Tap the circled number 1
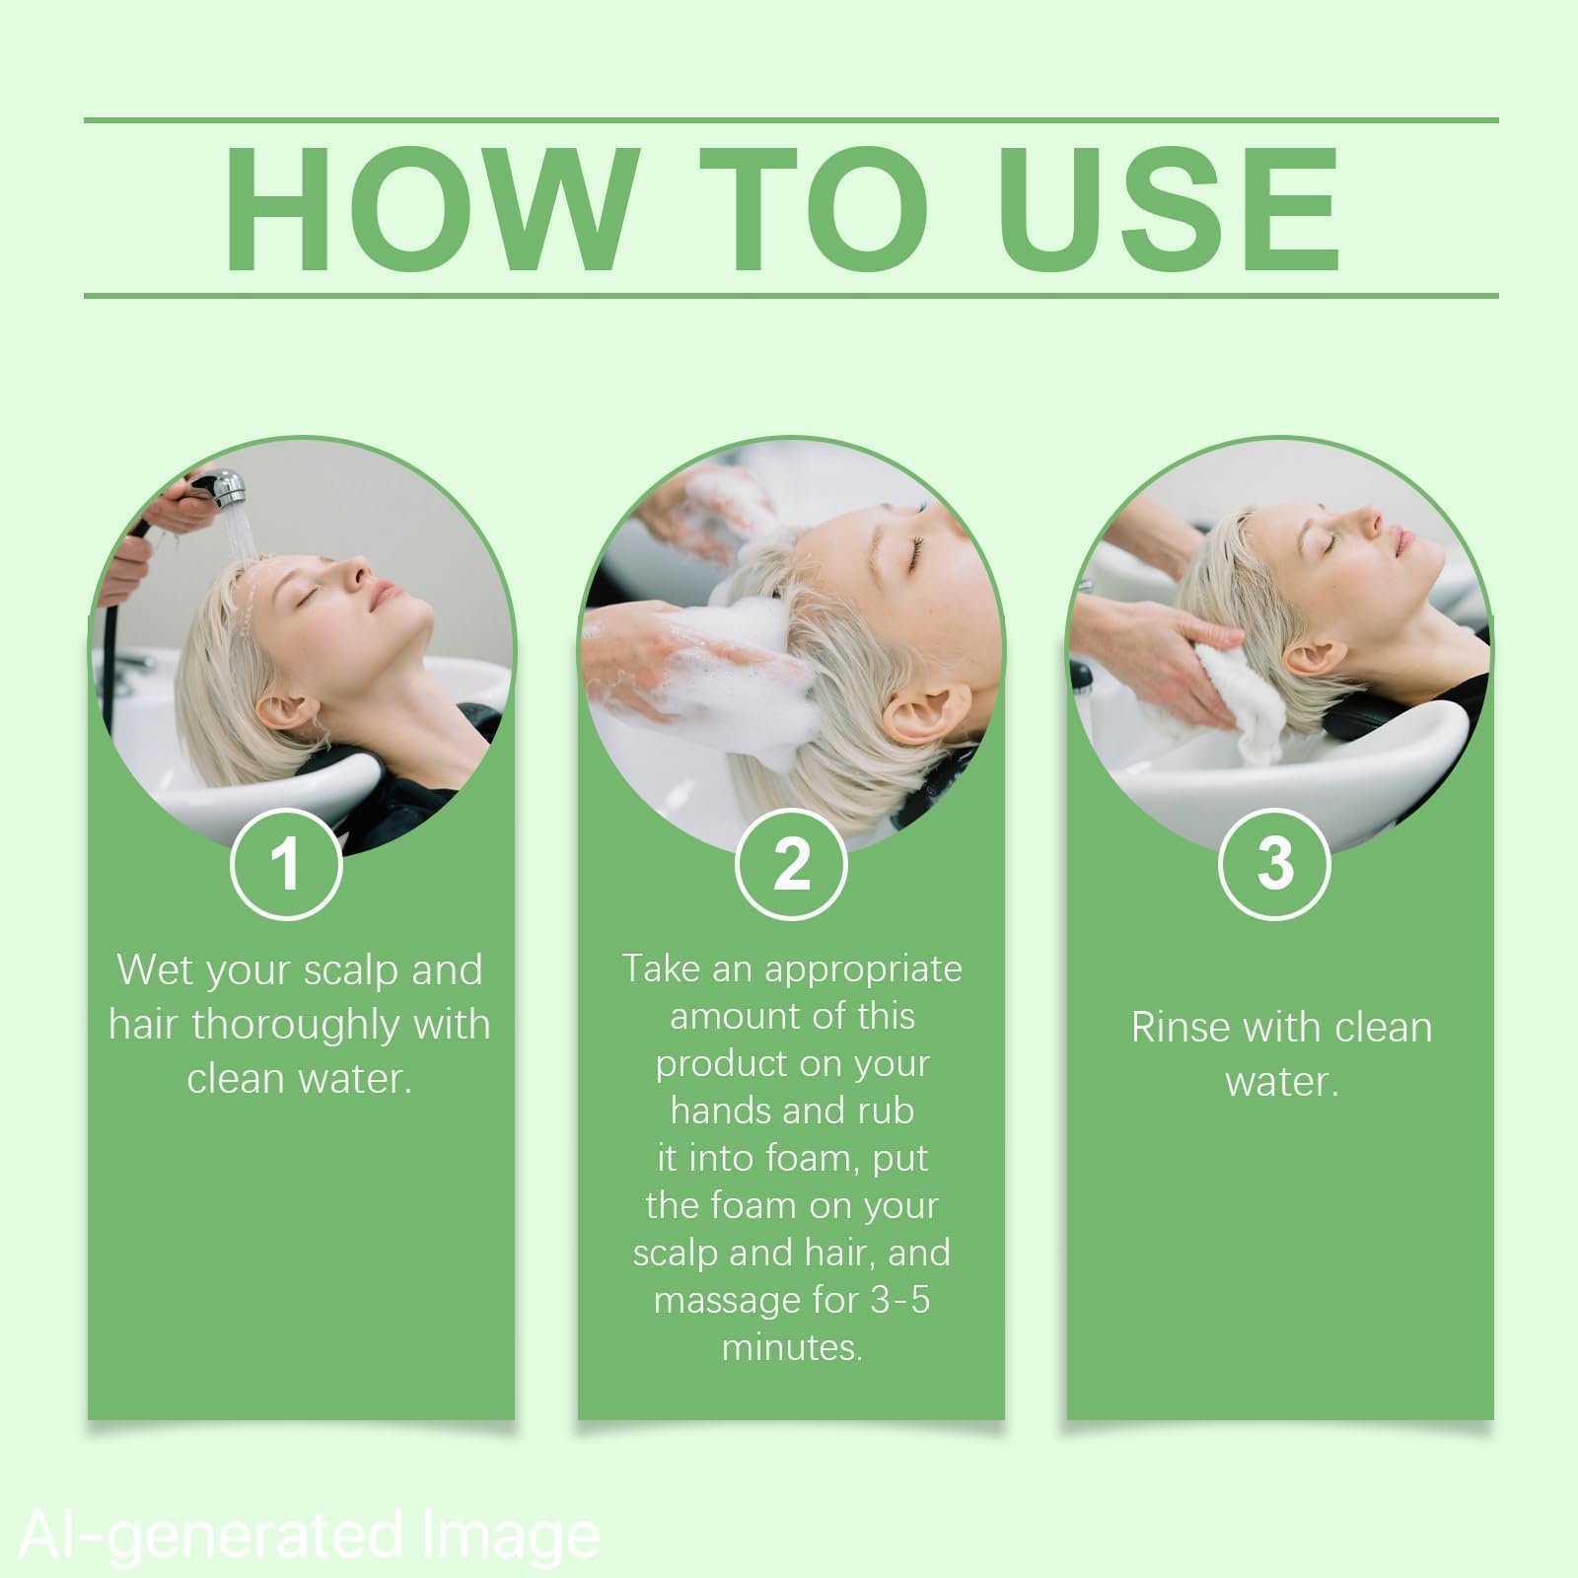point(286,864)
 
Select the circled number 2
point(791,864)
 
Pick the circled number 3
point(1275,864)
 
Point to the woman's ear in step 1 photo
point(279,712)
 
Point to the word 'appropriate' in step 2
point(863,970)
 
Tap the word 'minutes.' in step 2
point(792,1347)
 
